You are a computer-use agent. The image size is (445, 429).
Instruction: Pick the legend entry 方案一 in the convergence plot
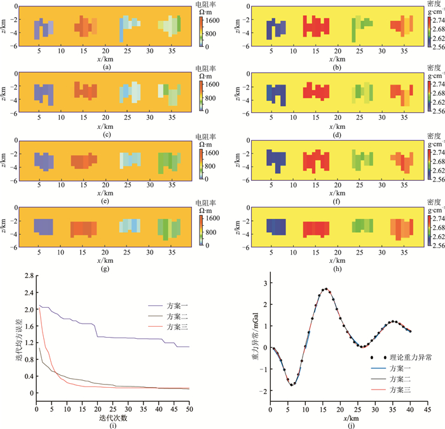click(178, 305)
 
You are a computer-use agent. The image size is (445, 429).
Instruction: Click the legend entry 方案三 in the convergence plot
click(178, 327)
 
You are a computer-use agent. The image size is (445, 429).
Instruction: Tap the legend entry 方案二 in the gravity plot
click(402, 379)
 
